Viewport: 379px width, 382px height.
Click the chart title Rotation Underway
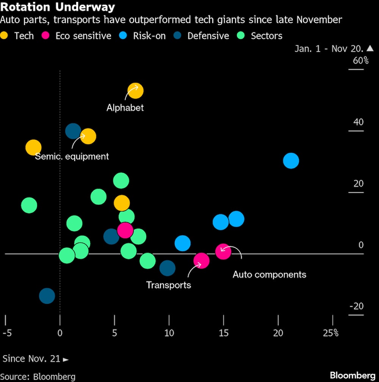click(58, 7)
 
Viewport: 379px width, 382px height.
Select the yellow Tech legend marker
click(5, 36)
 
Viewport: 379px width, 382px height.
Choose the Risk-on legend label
click(149, 36)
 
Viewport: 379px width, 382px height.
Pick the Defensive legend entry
click(208, 36)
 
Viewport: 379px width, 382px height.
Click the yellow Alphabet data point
click(135, 91)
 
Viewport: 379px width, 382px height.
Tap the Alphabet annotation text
click(125, 108)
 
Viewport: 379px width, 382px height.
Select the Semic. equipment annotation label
click(72, 157)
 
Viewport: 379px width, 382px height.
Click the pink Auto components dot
click(223, 251)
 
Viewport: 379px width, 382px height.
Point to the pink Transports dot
click(201, 260)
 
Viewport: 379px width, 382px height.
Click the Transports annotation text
click(169, 285)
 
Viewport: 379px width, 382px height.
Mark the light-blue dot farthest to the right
click(291, 161)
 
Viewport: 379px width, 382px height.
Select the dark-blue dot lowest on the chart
click(47, 296)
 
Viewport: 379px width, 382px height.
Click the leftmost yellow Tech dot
click(33, 147)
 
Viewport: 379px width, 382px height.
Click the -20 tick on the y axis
click(356, 306)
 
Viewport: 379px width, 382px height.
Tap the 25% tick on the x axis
click(330, 333)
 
